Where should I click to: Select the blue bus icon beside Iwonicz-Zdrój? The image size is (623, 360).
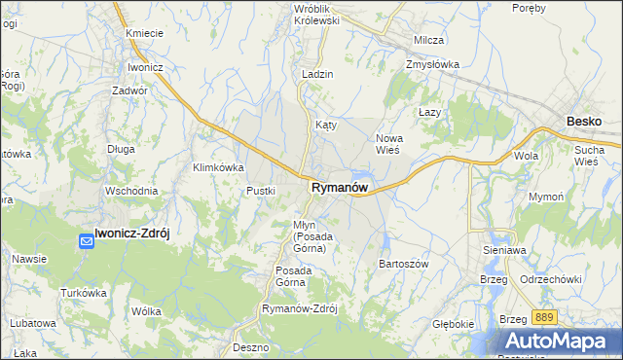87,234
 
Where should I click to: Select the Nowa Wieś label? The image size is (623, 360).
389,144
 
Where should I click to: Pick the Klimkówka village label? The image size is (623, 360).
218,167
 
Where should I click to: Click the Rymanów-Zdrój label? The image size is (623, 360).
299,308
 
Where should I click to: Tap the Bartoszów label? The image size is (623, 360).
403,264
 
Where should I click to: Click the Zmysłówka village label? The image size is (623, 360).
432,65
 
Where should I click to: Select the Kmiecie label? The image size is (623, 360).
144,34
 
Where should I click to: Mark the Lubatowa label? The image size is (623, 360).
33,322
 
